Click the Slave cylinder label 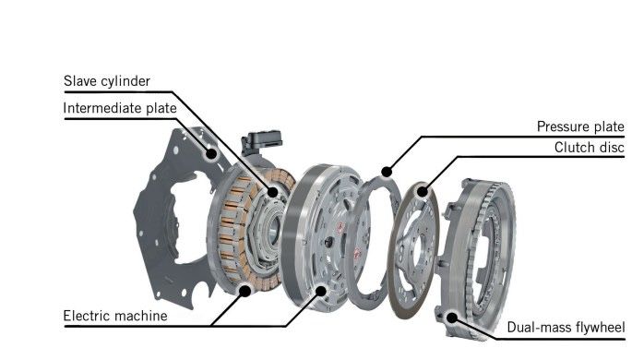[x=107, y=81]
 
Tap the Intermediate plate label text [x=120, y=108]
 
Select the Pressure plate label [x=580, y=126]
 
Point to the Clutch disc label [x=590, y=147]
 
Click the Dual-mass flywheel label [x=566, y=327]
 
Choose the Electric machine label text [x=115, y=316]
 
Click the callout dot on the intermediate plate [x=211, y=153]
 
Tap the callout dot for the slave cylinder [x=272, y=192]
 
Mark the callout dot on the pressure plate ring [x=387, y=172]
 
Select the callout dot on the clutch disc [x=422, y=191]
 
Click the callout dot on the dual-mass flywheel [x=452, y=318]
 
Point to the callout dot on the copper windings [x=244, y=291]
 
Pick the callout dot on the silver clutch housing [x=321, y=290]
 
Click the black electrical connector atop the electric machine [x=261, y=140]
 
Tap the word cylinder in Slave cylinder [x=125, y=81]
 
